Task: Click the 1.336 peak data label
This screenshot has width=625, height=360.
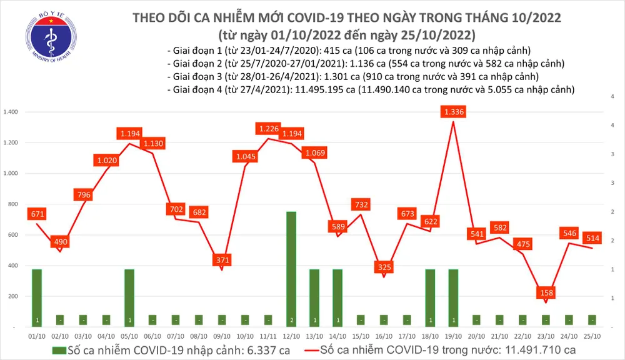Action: (x=453, y=112)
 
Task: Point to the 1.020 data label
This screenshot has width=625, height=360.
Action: (x=107, y=161)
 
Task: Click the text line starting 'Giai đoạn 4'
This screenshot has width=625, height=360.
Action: (x=371, y=91)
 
